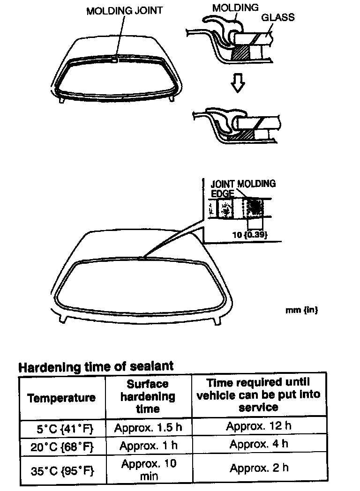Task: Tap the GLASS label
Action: point(278,17)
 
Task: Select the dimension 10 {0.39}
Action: point(251,235)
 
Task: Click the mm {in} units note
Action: point(302,310)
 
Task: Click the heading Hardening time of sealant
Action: point(96,366)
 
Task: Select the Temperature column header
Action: point(61,398)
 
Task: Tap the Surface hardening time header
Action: point(148,396)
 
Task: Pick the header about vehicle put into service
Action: point(258,394)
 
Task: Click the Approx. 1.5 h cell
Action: point(148,428)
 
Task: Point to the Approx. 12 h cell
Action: point(259,426)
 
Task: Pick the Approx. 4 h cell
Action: point(259,444)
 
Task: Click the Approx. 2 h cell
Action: point(259,468)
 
